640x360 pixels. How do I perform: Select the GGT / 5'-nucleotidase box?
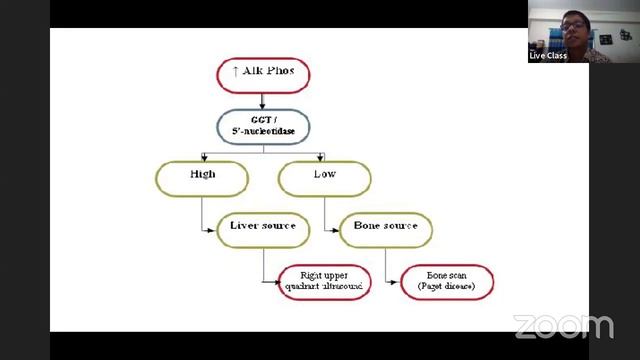click(263, 127)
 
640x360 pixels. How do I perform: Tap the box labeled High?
click(201, 177)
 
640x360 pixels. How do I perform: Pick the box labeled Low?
click(324, 177)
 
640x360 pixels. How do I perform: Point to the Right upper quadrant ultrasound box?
click(324, 281)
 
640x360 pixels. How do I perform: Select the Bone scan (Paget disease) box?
click(447, 281)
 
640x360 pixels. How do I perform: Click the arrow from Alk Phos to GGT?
click(263, 100)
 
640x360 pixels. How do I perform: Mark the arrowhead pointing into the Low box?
click(322, 157)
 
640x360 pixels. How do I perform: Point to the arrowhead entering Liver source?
click(214, 229)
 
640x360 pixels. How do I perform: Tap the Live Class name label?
click(548, 56)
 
